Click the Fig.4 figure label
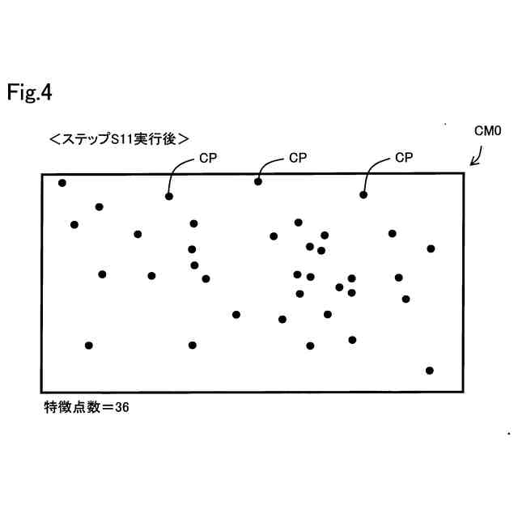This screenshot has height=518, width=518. point(29,93)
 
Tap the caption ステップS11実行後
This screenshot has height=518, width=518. point(119,138)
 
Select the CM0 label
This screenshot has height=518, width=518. point(487,130)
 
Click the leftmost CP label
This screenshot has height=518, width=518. point(209,159)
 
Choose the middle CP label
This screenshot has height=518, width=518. point(299,158)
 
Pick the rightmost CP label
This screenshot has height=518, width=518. point(404,158)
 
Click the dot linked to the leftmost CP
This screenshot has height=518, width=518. point(169,196)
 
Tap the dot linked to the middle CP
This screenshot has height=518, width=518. point(258,181)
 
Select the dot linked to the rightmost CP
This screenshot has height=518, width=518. point(363,194)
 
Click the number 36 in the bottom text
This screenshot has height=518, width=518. point(121,408)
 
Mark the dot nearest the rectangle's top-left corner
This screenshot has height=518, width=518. point(62,183)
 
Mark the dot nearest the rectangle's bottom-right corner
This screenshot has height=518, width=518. point(430,371)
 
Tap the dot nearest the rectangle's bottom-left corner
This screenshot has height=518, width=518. point(89,346)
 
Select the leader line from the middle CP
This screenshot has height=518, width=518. point(267,164)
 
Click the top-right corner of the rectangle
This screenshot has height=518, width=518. point(464,172)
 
